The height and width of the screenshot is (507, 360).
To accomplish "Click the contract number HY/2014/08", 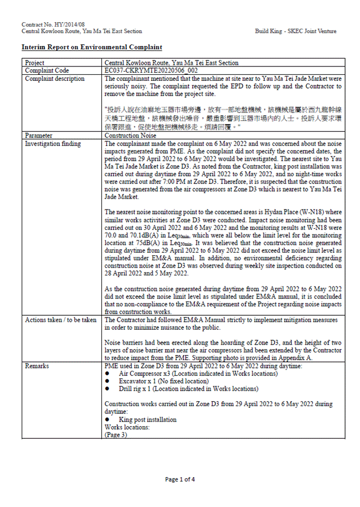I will pos(53,25).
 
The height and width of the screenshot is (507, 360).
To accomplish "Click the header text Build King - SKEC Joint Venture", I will pos(295,32).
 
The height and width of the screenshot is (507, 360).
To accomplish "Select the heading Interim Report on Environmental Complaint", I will pos(91,48).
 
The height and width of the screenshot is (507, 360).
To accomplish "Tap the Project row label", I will pos(35,63).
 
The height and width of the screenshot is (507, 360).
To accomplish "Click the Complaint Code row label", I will pos(47,71).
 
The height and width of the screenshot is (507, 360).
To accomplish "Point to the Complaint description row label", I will pos(55,79).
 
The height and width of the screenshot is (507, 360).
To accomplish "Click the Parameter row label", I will pos(40,135).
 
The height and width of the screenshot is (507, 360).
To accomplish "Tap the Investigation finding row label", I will pos(53,144).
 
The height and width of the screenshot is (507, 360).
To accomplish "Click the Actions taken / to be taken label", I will pos(61,320).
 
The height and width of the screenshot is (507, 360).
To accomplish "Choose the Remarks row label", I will pos(37,366).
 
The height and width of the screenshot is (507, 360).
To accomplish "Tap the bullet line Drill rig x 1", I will pos(188,389).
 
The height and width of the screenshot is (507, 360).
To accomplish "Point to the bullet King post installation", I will pos(147,419).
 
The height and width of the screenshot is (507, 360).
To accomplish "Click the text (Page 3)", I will pos(115,435).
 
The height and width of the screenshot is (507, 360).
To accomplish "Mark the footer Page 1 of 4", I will pos(180,479).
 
